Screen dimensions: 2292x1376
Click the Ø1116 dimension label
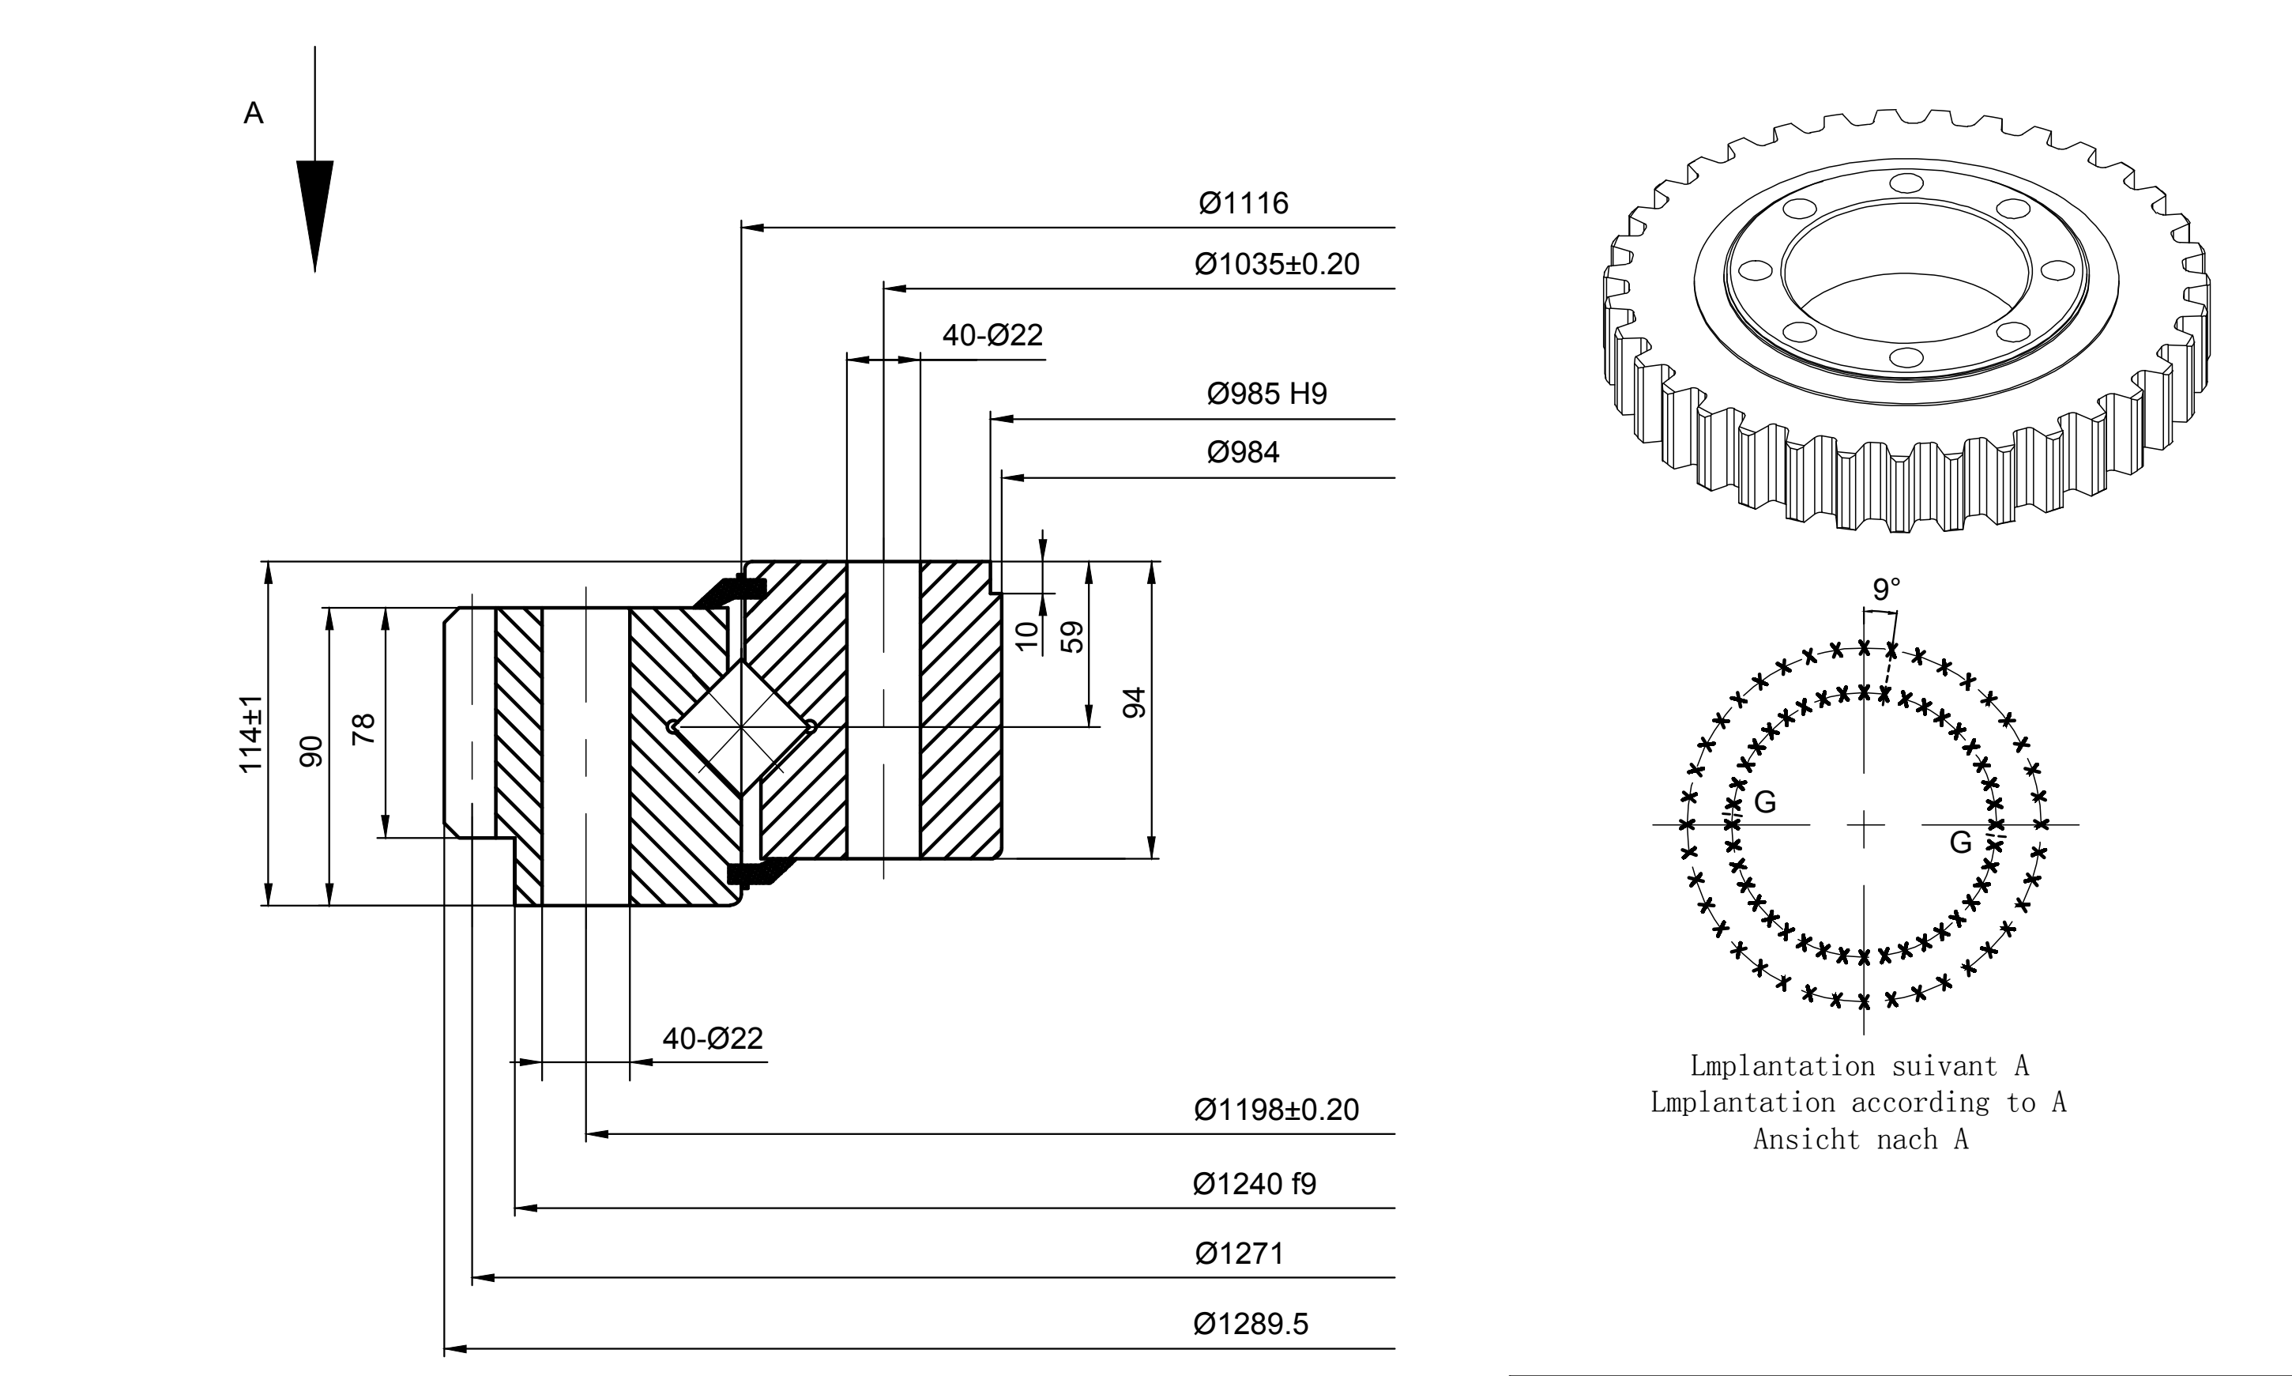tap(1243, 203)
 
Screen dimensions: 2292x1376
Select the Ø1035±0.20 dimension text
tap(1276, 264)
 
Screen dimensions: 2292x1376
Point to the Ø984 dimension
tap(1242, 453)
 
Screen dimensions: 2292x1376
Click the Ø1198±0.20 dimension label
tap(1276, 1110)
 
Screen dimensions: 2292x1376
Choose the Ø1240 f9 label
tap(1254, 1184)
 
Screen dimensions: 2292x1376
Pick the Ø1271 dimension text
tap(1239, 1253)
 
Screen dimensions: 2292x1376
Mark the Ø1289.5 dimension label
tap(1251, 1323)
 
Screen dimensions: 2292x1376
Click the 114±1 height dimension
tap(251, 734)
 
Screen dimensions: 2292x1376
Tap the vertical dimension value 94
tap(1135, 703)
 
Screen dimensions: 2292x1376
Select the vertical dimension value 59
tap(1071, 637)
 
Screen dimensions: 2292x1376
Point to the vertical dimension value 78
tap(364, 729)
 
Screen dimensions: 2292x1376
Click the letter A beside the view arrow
tap(253, 113)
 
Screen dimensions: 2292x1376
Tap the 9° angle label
tap(1886, 589)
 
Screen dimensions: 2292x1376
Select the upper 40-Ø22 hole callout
tap(992, 335)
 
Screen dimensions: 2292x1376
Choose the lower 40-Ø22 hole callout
tap(713, 1039)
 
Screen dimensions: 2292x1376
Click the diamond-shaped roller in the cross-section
tap(741, 727)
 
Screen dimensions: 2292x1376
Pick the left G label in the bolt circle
tap(1766, 802)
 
